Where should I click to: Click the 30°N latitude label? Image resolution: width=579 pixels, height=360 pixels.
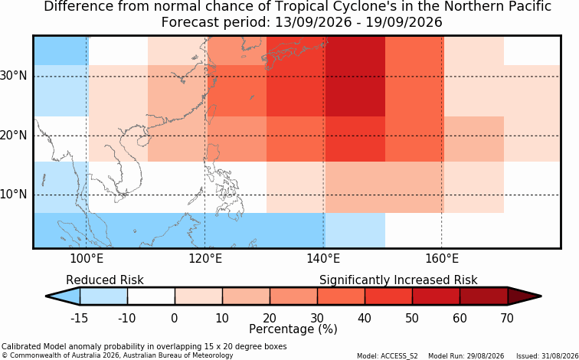coord(14,76)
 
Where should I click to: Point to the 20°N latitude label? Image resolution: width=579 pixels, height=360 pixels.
coord(14,136)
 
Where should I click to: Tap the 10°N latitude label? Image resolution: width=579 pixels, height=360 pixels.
coord(14,195)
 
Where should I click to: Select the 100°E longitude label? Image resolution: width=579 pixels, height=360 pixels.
coord(87,259)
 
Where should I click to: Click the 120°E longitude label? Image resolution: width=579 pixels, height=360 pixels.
coord(205,259)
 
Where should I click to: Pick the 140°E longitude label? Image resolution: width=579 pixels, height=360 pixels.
coord(323,259)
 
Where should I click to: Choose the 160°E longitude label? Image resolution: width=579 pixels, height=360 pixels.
coord(442,259)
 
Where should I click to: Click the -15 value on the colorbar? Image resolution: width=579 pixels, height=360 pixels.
coord(79,318)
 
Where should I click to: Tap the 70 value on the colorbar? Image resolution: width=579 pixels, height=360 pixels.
coord(507,318)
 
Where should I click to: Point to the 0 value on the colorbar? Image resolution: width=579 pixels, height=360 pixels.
coord(175,318)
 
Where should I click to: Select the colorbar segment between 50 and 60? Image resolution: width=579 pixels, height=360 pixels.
coord(436,296)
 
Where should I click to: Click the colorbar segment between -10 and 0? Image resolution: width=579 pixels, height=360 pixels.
coord(151,296)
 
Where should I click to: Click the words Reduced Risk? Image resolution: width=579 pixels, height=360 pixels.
coord(105,280)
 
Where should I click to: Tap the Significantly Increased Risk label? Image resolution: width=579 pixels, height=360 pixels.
coord(398,280)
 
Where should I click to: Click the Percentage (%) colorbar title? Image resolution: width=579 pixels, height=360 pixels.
coord(293,329)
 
